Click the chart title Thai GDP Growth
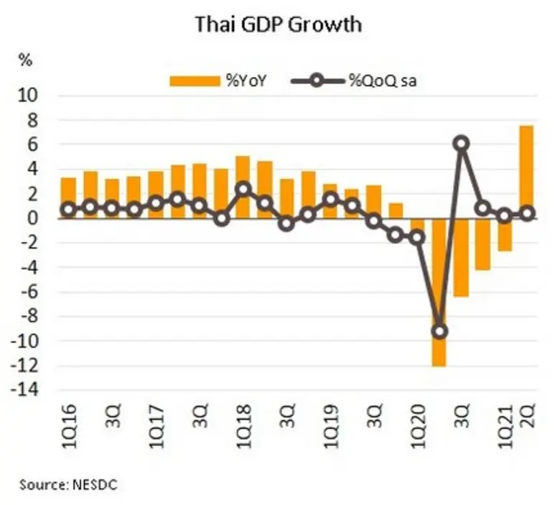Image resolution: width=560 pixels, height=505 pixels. pyautogui.click(x=279, y=25)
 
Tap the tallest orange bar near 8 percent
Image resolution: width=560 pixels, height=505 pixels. pyautogui.click(x=526, y=172)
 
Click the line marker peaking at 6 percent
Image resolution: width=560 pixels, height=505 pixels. pyautogui.click(x=462, y=144)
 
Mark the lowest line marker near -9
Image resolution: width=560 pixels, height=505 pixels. pyautogui.click(x=439, y=331)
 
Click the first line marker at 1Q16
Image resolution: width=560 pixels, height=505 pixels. pyautogui.click(x=69, y=210)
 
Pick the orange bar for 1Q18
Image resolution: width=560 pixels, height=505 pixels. pyautogui.click(x=243, y=187)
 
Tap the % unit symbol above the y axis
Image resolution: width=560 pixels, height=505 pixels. pyautogui.click(x=27, y=60)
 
